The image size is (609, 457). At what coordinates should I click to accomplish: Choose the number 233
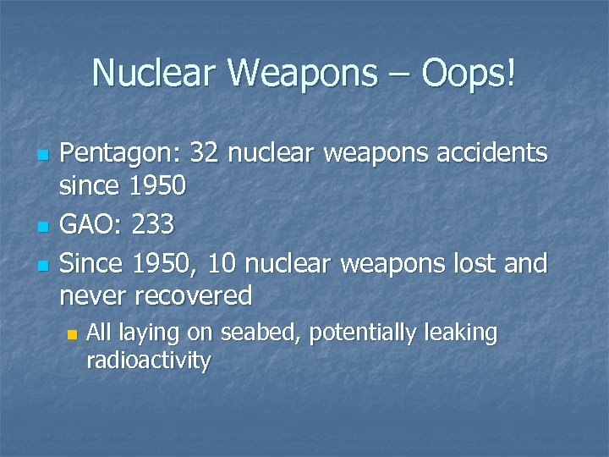[x=154, y=224]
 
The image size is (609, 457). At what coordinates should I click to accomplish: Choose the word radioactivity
[x=148, y=361]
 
